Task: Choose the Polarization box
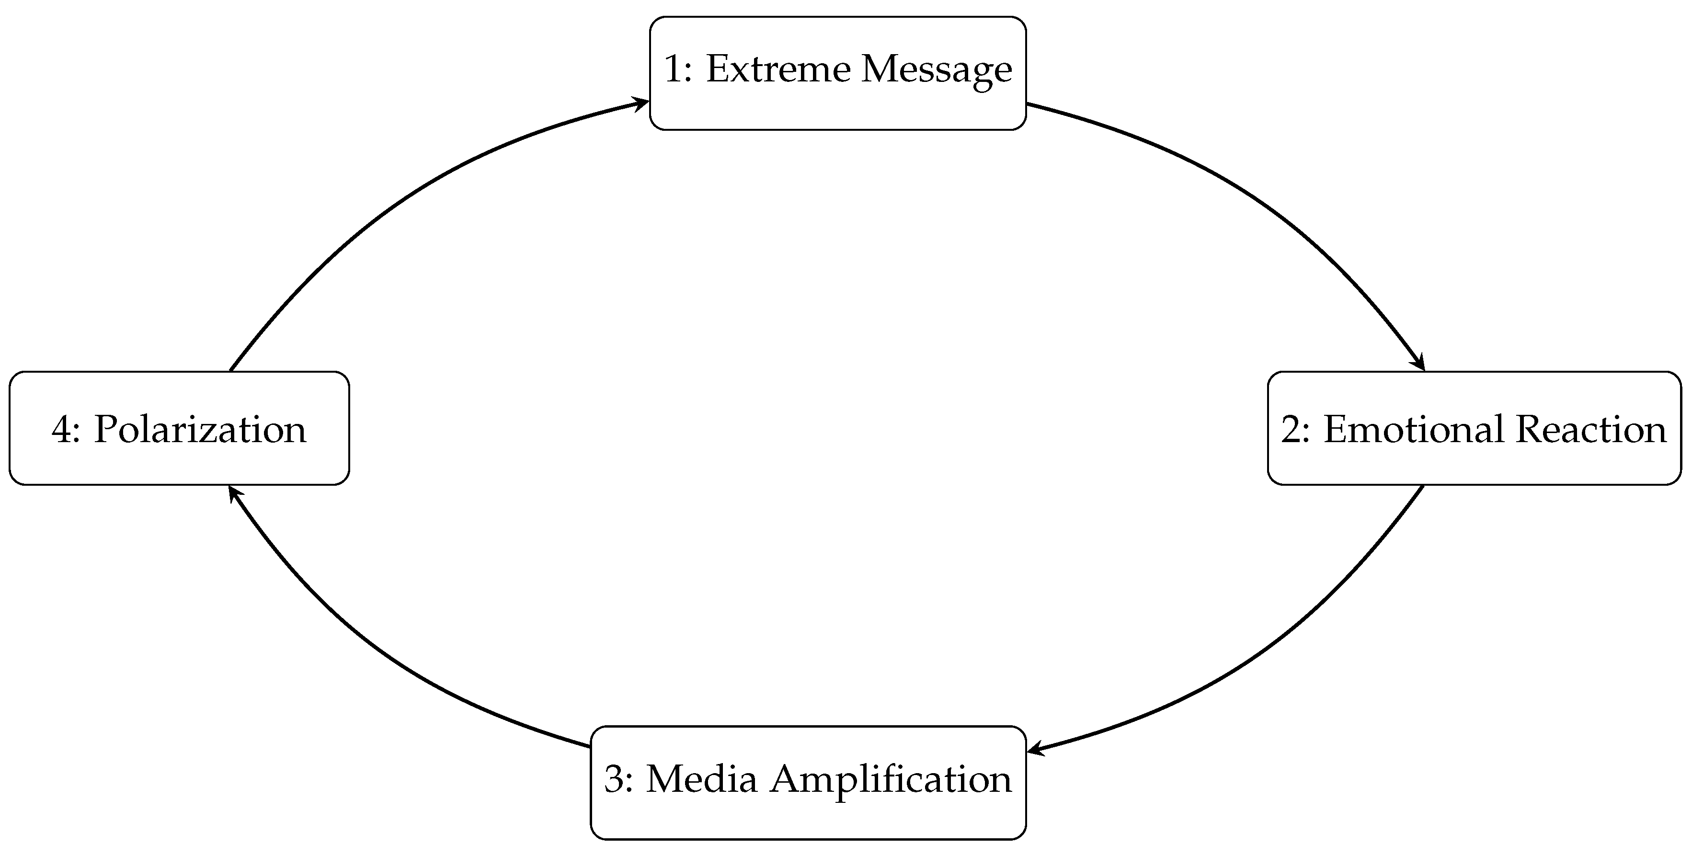(179, 428)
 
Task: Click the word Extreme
(777, 69)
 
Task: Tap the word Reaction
(1591, 430)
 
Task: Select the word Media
(701, 779)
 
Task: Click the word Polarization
(200, 430)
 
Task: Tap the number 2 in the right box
(1290, 430)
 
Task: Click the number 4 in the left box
(61, 430)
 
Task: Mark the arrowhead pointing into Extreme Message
(640, 103)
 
